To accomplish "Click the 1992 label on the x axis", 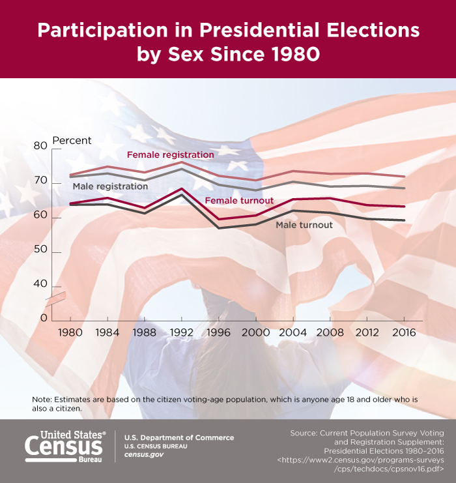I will [x=182, y=332].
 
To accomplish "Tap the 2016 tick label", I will [x=404, y=332].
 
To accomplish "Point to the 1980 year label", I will [x=70, y=332].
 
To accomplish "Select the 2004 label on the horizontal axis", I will [x=292, y=332].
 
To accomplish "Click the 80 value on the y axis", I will [x=40, y=146].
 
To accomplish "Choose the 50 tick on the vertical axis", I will [x=40, y=252].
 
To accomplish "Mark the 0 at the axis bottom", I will [x=44, y=317].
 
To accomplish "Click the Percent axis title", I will [x=72, y=140].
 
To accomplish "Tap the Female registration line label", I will [x=170, y=155].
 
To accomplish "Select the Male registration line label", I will [x=110, y=186].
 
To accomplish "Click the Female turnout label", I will [x=239, y=201].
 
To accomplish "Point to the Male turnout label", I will [x=304, y=225].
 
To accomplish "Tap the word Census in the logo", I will [x=63, y=446].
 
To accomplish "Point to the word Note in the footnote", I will [x=43, y=399].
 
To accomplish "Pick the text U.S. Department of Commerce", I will [x=178, y=437].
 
